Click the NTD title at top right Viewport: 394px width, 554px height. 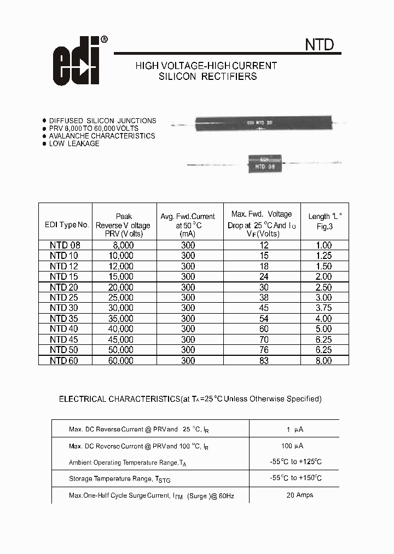click(319, 44)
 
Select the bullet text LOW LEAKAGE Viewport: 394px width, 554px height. click(74, 143)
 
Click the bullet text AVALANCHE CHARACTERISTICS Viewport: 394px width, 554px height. click(102, 136)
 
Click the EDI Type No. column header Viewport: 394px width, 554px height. click(66, 225)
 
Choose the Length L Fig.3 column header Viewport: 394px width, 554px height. click(325, 221)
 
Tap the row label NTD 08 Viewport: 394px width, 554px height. click(65, 246)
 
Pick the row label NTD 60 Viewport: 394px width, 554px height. click(65, 361)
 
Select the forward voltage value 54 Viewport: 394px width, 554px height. click(263, 319)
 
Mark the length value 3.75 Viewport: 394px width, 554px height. click(323, 308)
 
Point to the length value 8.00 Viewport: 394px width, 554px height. click(323, 361)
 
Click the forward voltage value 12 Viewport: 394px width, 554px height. click(263, 246)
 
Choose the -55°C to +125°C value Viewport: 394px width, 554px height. click(296, 461)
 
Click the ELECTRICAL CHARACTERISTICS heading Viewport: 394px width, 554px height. click(190, 399)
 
